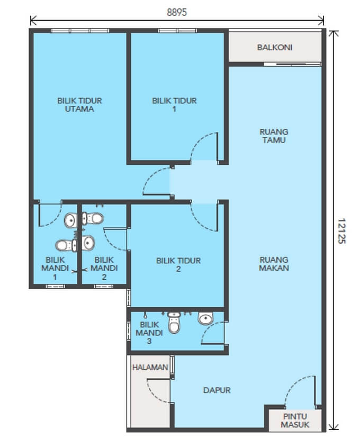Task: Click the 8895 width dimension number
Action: coord(177,12)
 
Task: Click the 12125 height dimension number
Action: coord(341,231)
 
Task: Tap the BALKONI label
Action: coord(275,47)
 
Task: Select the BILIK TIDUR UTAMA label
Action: coord(79,105)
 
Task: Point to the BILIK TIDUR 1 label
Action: coord(174,105)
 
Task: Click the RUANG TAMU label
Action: coord(274,136)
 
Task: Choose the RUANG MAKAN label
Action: coord(274,264)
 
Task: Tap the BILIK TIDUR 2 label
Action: coord(178,264)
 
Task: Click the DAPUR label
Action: coord(217,390)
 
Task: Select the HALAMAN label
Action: coord(150,367)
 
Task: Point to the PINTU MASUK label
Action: coord(295,420)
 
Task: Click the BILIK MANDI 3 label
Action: coord(149,333)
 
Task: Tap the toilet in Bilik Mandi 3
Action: coord(174,323)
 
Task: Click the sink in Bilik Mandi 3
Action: coord(205,318)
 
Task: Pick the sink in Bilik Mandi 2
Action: coord(88,243)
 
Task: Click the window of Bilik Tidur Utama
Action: coord(80,31)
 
